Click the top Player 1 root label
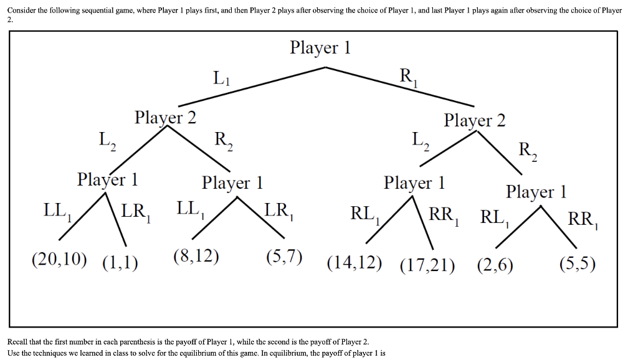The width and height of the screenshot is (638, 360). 320,48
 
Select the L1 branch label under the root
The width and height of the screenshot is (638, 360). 221,78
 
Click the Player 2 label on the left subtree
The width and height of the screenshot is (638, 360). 165,117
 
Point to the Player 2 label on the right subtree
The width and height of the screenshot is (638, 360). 474,120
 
